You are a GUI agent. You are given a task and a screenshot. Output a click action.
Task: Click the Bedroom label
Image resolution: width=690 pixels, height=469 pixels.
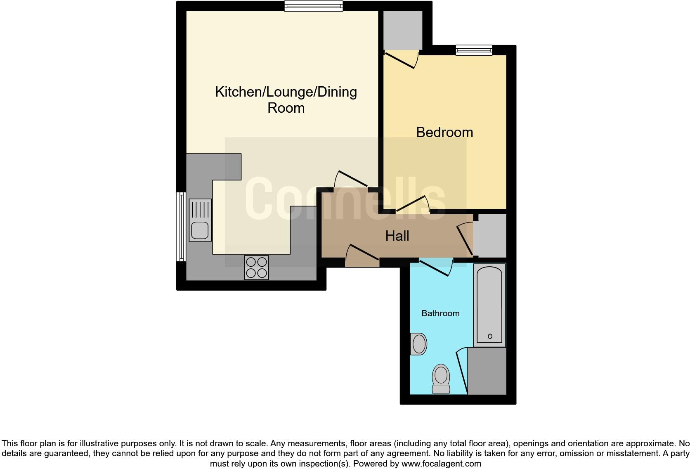444,132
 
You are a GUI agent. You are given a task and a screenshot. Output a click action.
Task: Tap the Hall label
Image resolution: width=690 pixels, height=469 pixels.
397,236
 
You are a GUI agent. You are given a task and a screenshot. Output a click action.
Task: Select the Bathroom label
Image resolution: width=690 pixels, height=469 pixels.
440,313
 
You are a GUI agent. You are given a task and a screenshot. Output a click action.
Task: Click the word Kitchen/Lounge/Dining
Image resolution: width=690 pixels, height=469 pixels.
286,92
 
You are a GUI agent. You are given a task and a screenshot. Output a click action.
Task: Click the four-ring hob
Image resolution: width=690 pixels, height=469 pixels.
256,268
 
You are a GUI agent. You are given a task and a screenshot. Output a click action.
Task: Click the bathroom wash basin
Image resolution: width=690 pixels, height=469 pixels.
418,344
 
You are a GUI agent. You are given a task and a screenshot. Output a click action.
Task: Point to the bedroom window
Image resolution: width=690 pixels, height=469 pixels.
474,50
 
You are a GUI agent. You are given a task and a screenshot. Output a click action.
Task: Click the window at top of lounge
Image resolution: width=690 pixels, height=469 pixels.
314,6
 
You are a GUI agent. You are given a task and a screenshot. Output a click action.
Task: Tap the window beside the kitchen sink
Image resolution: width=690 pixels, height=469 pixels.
181,227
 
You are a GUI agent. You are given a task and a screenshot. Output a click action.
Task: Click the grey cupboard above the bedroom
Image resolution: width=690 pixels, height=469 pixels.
402,30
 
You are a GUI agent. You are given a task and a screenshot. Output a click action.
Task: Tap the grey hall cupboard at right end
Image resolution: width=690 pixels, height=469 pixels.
490,236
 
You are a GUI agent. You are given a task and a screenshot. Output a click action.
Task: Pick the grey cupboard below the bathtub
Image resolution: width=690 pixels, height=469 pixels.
487,371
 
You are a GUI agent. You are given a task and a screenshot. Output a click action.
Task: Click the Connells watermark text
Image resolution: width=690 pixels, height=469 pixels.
345,199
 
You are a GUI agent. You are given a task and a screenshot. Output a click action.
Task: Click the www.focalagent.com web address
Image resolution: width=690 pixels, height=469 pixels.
441,464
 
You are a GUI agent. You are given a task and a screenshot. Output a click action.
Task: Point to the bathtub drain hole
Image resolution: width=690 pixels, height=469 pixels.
490,336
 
